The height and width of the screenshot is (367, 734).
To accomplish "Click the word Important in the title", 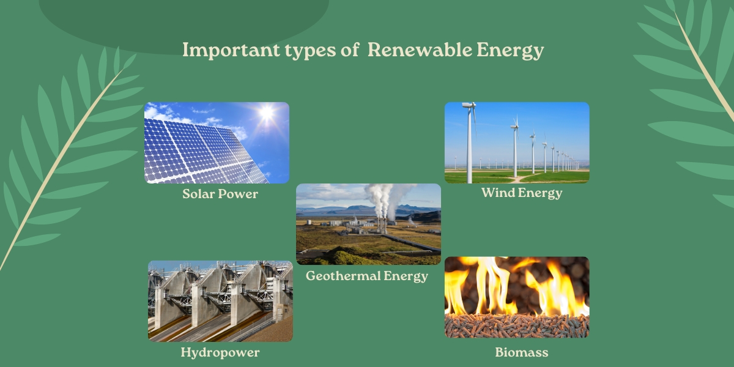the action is pos(231,50).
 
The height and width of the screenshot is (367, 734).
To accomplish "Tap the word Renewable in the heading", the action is pos(420,50).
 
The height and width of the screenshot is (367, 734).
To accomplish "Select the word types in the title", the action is pos(310,51).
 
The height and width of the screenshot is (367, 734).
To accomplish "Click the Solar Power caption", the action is pos(220,194).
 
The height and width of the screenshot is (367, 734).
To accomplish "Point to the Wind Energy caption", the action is pos(522,193).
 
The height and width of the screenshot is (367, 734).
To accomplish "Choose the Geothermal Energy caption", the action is pos(367,276).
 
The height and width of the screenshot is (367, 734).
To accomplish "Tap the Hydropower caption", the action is pos(220,352).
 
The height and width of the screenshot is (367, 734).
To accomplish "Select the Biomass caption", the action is pos(522,352).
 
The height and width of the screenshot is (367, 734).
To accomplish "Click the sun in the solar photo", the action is pos(267,113).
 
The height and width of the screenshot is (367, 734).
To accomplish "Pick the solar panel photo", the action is pos(217,143).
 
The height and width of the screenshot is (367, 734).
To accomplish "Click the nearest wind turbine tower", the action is pos(469,144).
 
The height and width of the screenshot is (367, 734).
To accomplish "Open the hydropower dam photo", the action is pos(220,301).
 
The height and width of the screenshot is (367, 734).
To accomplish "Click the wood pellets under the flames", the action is pos(517,325).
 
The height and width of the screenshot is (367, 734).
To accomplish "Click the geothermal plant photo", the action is pos(369,224).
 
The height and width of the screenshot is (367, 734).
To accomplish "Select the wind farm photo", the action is pos(517,143).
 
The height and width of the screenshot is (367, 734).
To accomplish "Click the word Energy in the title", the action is pos(510,51).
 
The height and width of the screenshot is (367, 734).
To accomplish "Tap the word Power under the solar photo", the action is pos(238,194).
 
